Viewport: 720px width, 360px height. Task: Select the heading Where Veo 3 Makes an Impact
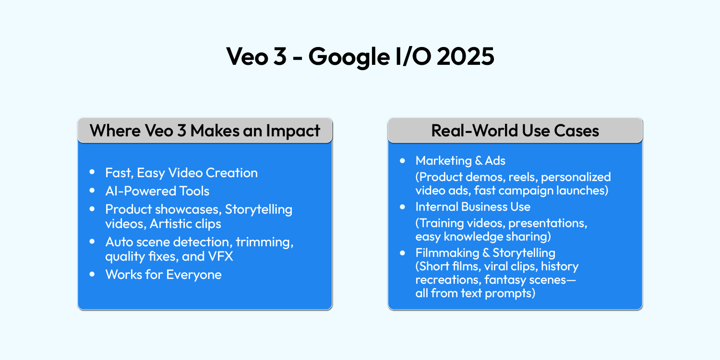205,131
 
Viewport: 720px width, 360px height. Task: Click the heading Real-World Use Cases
515,131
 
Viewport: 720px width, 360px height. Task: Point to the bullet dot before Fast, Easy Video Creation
92,172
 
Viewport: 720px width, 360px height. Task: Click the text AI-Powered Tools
157,191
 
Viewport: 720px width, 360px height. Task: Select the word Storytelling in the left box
259,209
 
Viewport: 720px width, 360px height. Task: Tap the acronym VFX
221,256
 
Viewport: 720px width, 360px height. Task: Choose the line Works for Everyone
163,275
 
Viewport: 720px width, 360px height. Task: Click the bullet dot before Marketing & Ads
402,160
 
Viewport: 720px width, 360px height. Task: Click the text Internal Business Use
473,207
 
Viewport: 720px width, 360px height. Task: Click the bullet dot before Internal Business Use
402,207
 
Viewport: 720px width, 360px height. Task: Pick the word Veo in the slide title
246,57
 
